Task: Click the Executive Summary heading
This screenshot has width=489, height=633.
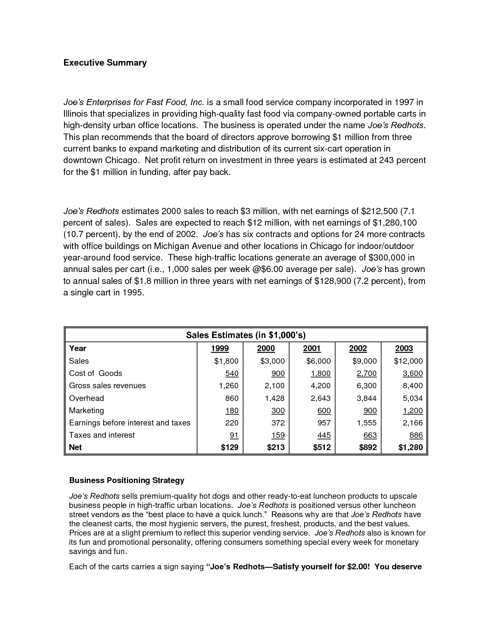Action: coord(105,63)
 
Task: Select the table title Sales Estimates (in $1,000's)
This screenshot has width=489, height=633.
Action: coord(245,335)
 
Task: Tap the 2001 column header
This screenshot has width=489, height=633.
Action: coord(312,348)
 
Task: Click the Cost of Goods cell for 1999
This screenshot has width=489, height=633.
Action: coord(232,373)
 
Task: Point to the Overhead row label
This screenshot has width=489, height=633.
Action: coord(86,398)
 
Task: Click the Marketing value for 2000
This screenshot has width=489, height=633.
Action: coord(278,410)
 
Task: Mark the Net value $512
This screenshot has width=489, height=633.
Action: coord(321,447)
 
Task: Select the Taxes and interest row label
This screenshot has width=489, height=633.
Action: coord(102,435)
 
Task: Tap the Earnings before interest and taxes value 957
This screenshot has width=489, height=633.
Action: coord(323,423)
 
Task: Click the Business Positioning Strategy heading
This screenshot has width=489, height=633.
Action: coord(127,480)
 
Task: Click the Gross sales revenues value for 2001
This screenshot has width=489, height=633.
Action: coord(320,386)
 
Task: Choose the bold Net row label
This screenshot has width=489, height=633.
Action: coord(76,447)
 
